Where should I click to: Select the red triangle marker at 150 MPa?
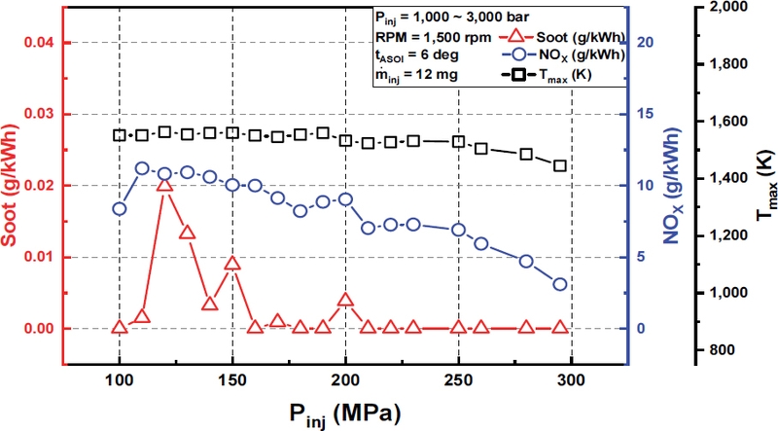pyautogui.click(x=232, y=264)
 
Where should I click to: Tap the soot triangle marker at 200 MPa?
pyautogui.click(x=345, y=300)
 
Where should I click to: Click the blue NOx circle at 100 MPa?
pyautogui.click(x=120, y=208)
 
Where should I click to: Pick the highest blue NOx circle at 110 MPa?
pyautogui.click(x=142, y=168)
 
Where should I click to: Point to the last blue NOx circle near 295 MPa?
pyautogui.click(x=560, y=284)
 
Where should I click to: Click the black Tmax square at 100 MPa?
pyautogui.click(x=120, y=135)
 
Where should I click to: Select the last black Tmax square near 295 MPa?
pyautogui.click(x=560, y=165)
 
